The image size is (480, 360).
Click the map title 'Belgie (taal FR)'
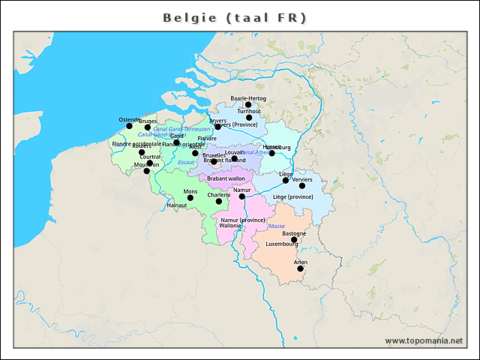point(235,16)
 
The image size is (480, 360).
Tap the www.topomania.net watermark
point(424,340)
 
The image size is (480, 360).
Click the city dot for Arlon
point(300,268)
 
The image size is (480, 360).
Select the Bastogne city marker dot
point(294,240)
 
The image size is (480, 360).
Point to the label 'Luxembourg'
point(282,244)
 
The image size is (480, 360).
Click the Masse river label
point(277,226)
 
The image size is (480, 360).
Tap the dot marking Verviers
point(302,186)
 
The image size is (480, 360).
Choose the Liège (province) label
point(292,196)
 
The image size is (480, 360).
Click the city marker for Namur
point(241,196)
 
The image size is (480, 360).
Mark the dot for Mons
point(190,198)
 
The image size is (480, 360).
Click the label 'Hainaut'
point(177,205)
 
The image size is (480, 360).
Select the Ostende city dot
point(129,126)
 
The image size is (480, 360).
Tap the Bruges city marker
point(148,127)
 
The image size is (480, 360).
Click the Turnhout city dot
point(249,117)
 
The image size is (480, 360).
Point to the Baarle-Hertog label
point(248,98)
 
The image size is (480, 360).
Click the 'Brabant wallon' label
point(226,178)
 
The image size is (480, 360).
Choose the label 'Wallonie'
point(230,225)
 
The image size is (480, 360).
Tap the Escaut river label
point(186,162)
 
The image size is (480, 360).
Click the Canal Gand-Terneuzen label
point(181,129)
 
